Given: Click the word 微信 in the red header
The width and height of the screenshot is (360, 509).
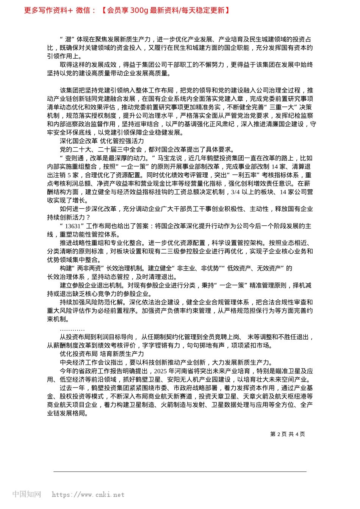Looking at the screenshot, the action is (83, 10).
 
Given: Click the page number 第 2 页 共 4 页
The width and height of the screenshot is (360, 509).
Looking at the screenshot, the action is (287, 434).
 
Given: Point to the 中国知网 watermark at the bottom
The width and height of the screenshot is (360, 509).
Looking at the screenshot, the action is (27, 494).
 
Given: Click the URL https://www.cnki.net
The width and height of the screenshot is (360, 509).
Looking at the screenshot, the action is (88, 495).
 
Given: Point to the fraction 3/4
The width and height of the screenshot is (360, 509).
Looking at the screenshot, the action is (235, 192).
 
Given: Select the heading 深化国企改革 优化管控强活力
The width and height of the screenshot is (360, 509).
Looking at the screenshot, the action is (102, 141).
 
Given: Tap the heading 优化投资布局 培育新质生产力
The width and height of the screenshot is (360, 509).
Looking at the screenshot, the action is (102, 354).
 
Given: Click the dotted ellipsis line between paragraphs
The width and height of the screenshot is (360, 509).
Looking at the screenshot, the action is (72, 329).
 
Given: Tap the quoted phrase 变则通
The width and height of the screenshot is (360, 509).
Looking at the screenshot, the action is (74, 158).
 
